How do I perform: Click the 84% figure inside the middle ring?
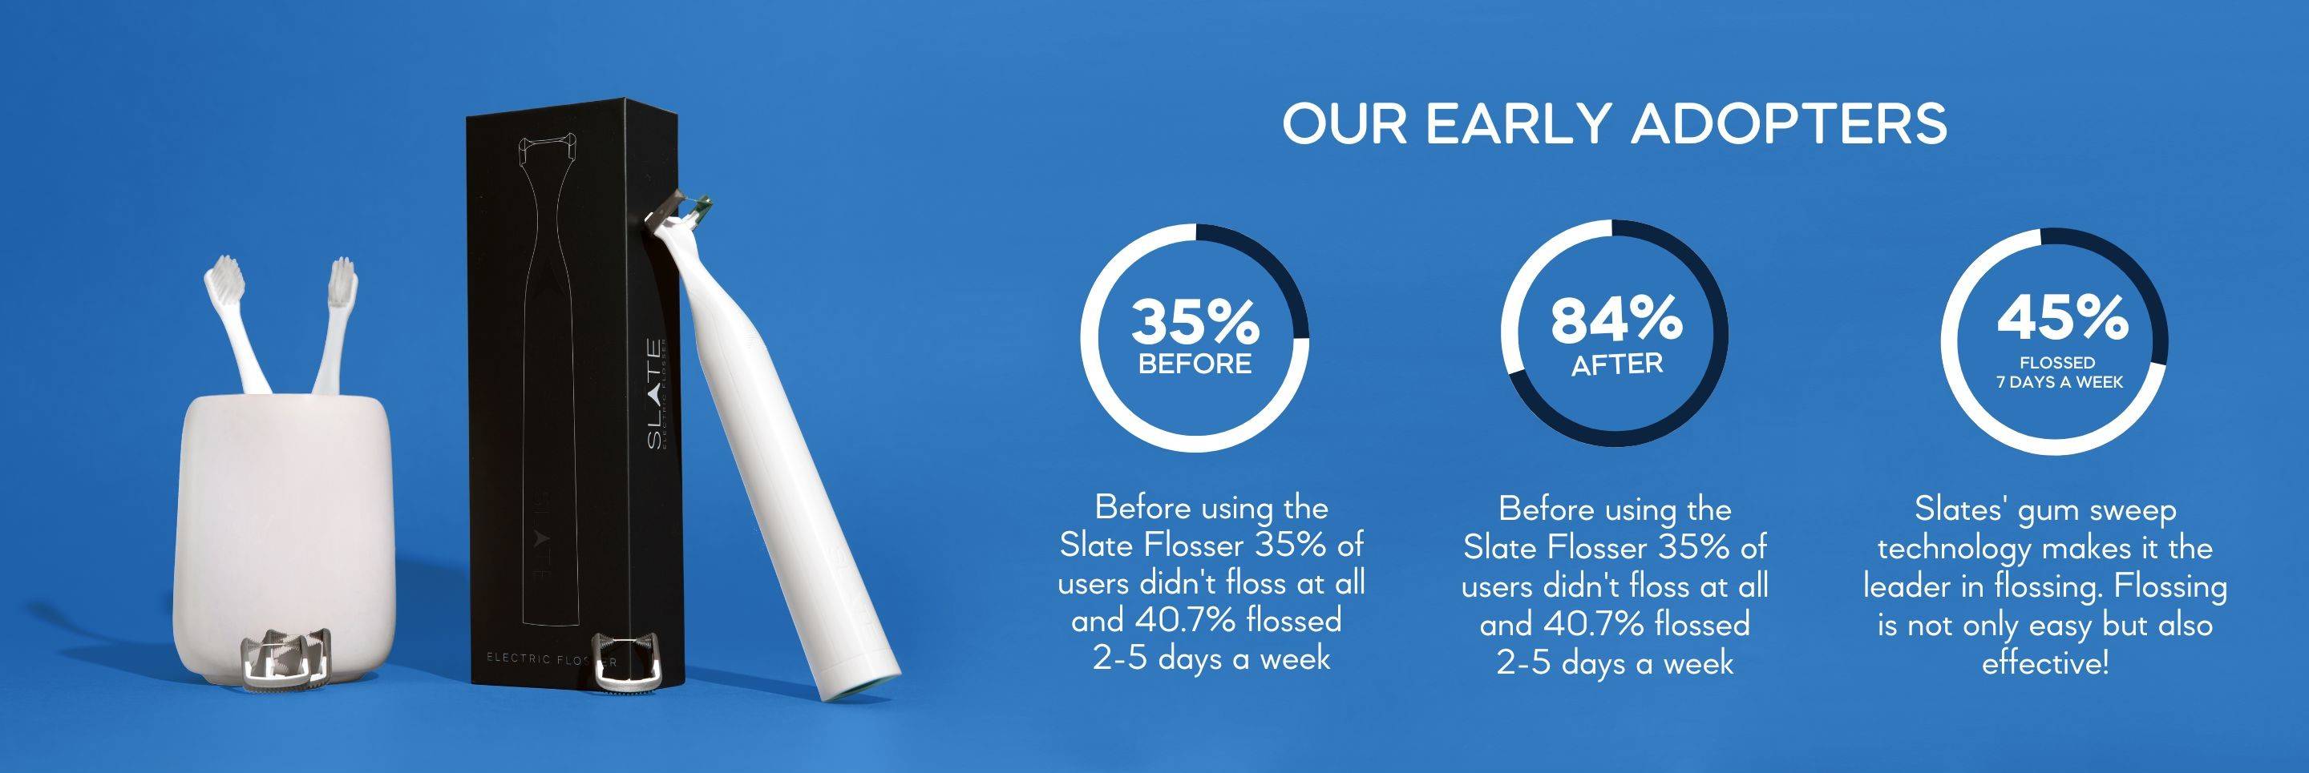(x=1616, y=319)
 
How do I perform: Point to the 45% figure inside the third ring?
(x=2061, y=317)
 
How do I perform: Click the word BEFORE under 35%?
(x=1195, y=364)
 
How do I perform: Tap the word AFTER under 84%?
(x=1617, y=364)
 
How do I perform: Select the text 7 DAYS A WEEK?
(x=2059, y=382)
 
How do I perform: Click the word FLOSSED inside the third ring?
(x=2057, y=363)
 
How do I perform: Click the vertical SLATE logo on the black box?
(x=656, y=393)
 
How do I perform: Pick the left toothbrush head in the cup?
(x=225, y=279)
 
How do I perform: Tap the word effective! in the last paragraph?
(x=2044, y=664)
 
